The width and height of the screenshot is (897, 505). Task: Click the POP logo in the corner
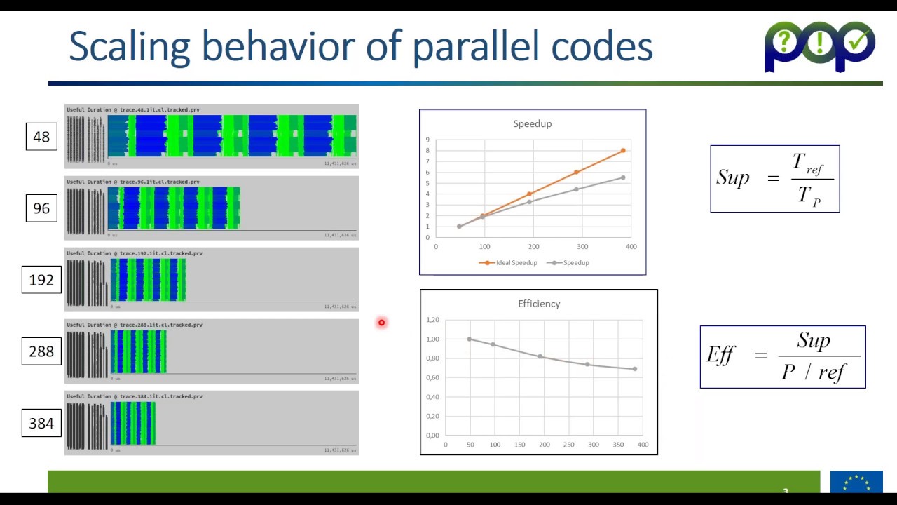(819, 46)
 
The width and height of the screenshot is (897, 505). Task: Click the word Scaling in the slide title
(130, 47)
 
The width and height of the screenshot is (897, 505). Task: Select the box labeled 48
(41, 137)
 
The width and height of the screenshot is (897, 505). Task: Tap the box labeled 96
(41, 208)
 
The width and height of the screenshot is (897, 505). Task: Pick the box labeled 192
(41, 280)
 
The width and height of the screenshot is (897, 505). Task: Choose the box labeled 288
(41, 351)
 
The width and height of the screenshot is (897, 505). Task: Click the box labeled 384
(41, 424)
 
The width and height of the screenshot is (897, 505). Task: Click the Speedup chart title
(532, 123)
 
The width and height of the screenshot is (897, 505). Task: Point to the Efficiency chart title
(539, 304)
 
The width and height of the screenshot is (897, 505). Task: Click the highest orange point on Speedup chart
(623, 151)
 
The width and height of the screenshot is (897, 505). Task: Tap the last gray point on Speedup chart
(623, 177)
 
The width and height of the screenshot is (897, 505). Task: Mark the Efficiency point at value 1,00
(470, 339)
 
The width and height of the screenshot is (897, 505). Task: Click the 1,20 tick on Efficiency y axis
(432, 320)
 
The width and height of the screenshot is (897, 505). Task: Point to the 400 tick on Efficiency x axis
(643, 445)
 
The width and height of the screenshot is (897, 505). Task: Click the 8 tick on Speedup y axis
(427, 151)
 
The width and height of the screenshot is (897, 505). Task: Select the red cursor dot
(381, 323)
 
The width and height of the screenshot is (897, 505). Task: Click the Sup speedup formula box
(774, 179)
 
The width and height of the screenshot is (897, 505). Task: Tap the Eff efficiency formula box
(783, 356)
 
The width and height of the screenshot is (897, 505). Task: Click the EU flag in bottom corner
(856, 482)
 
